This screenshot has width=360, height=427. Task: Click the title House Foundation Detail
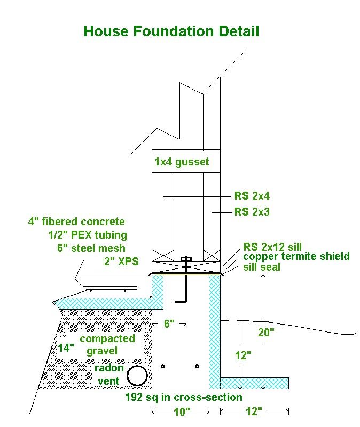click(171, 31)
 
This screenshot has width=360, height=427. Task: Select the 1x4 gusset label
click(182, 161)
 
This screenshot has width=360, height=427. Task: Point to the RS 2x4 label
click(252, 196)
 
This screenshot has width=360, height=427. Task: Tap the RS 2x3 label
click(252, 212)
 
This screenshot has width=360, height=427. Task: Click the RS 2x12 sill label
click(272, 247)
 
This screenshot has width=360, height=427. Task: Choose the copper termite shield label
click(296, 256)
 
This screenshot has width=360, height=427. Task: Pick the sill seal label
click(262, 266)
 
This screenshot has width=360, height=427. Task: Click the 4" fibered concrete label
click(76, 222)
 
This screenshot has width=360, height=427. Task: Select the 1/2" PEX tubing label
click(87, 235)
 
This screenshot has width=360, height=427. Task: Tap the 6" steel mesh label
click(91, 248)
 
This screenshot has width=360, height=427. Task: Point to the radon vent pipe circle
click(137, 376)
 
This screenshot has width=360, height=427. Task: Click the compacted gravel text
click(107, 345)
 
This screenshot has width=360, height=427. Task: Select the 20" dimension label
click(265, 332)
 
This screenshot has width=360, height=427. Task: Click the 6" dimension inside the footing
click(169, 323)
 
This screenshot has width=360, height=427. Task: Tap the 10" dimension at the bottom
click(182, 412)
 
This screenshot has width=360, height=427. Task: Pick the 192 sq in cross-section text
click(183, 397)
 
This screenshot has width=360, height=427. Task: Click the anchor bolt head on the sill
click(186, 260)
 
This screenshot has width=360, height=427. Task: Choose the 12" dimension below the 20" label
click(242, 355)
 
